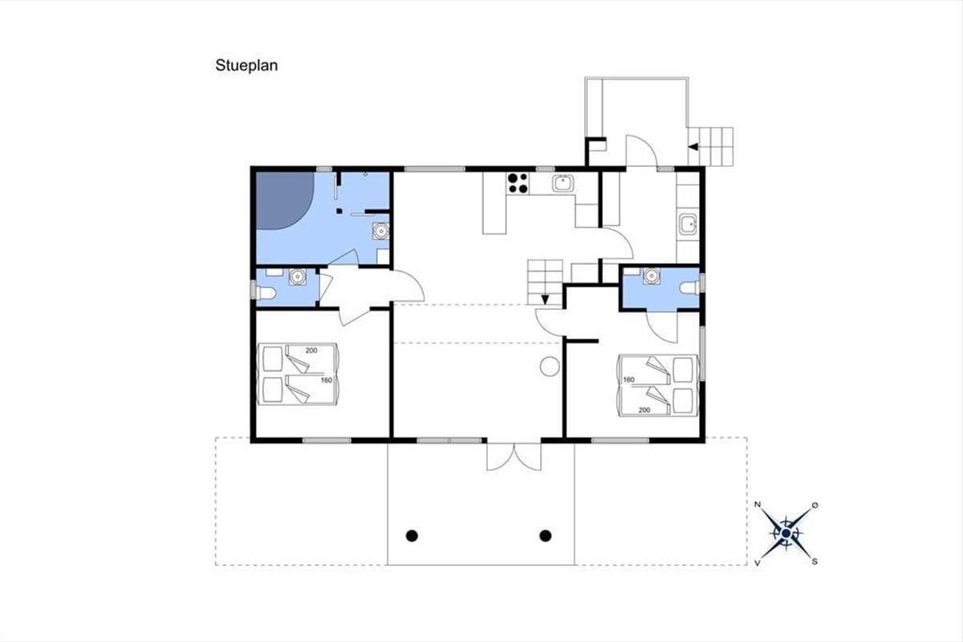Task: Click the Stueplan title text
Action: point(246,66)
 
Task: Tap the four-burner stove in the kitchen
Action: point(518,183)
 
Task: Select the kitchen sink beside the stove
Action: point(563,183)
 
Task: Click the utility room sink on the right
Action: point(688,225)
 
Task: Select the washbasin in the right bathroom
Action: point(652,275)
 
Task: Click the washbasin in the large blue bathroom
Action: point(380,230)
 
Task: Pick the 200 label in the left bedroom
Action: point(311,351)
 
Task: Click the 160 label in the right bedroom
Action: point(628,380)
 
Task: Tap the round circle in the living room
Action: point(550,367)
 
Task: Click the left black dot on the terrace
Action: point(412,535)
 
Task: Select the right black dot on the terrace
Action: point(546,535)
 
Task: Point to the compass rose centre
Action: point(786,534)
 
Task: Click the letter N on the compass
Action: point(758,505)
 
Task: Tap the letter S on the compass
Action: point(815,562)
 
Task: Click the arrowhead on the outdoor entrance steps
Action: point(693,147)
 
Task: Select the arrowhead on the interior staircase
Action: point(545,299)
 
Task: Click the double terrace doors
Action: point(514,457)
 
